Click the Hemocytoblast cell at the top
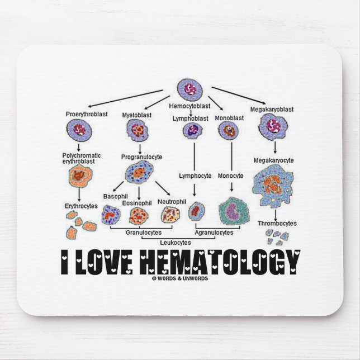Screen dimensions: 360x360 pyautogui.click(x=190, y=88)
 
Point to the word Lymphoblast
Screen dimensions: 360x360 pyautogui.click(x=190, y=119)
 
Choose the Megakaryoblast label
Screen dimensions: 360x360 pyautogui.click(x=271, y=110)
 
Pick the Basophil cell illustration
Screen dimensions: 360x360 pyautogui.click(x=111, y=214)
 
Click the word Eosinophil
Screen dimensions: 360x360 pyautogui.click(x=137, y=203)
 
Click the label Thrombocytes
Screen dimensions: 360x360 pyautogui.click(x=277, y=223)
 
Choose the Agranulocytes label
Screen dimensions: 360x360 pyautogui.click(x=214, y=231)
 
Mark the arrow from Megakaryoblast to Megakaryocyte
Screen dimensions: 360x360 pyautogui.click(x=274, y=147)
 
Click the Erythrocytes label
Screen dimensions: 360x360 pyautogui.click(x=81, y=206)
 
